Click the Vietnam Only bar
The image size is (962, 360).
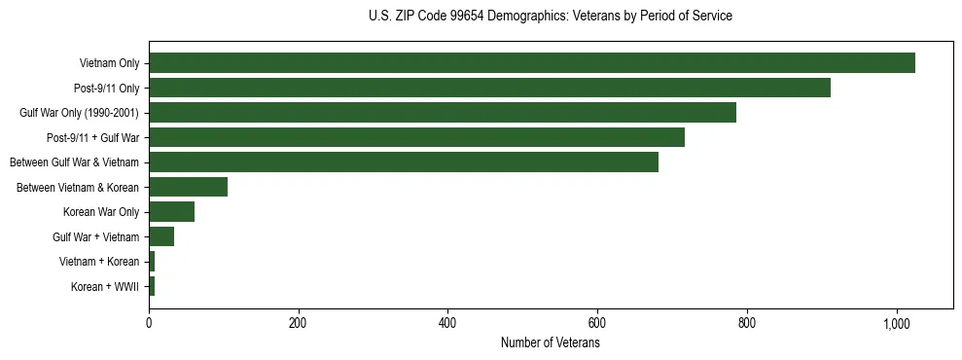click(x=532, y=63)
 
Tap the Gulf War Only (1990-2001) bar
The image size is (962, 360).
click(x=443, y=113)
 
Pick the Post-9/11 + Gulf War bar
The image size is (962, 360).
click(x=416, y=137)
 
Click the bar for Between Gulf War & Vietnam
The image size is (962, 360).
click(x=404, y=162)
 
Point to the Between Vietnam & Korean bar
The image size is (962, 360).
click(x=188, y=187)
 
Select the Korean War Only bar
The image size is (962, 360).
click(x=171, y=212)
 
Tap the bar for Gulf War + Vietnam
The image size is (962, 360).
click(x=161, y=236)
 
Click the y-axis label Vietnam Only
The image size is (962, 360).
click(x=109, y=63)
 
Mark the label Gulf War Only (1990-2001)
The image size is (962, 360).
click(x=79, y=113)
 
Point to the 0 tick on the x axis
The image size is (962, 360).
click(x=149, y=323)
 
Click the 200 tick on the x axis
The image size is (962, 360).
click(x=298, y=323)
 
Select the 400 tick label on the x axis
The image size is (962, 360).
click(x=447, y=323)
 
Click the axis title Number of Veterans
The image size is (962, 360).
click(x=550, y=343)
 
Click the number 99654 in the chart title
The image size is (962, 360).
click(x=468, y=17)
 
